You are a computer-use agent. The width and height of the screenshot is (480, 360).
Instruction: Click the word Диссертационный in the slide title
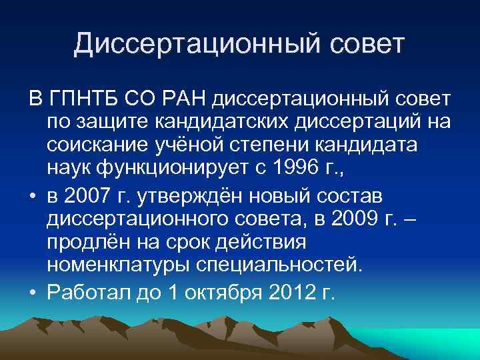pos(181,43)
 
